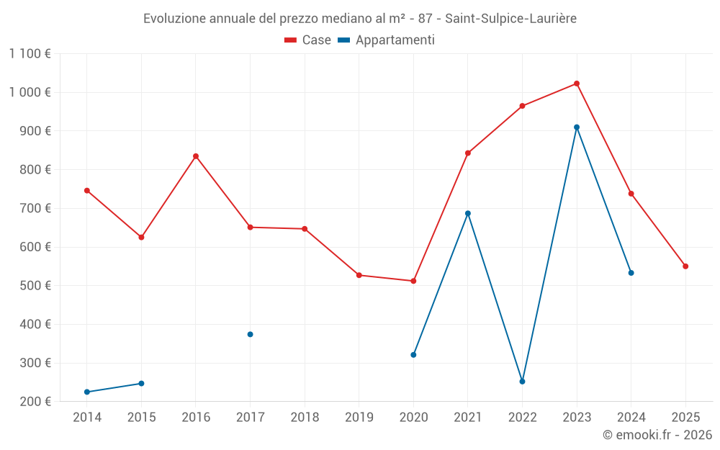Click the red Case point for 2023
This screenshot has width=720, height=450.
click(577, 84)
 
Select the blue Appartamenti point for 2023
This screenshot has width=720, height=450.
click(577, 127)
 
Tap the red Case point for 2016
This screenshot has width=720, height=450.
click(196, 156)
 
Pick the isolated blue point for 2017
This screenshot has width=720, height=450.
click(250, 334)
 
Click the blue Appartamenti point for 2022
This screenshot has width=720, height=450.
click(522, 382)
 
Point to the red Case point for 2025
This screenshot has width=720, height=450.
click(685, 266)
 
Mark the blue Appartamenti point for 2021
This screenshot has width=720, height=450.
click(468, 213)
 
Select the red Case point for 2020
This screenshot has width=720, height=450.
click(413, 281)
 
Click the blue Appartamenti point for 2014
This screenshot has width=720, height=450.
click(87, 392)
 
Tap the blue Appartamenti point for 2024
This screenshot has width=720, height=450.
click(631, 273)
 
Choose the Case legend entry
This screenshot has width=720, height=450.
click(308, 40)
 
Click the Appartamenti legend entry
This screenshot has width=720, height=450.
click(387, 40)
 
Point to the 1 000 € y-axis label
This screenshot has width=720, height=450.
click(30, 92)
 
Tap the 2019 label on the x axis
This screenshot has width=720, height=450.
click(359, 418)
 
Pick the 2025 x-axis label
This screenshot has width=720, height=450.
click(685, 418)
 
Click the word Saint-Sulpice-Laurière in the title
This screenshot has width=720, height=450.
click(510, 18)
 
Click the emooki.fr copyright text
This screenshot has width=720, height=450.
click(657, 435)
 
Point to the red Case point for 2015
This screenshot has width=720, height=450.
click(141, 237)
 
